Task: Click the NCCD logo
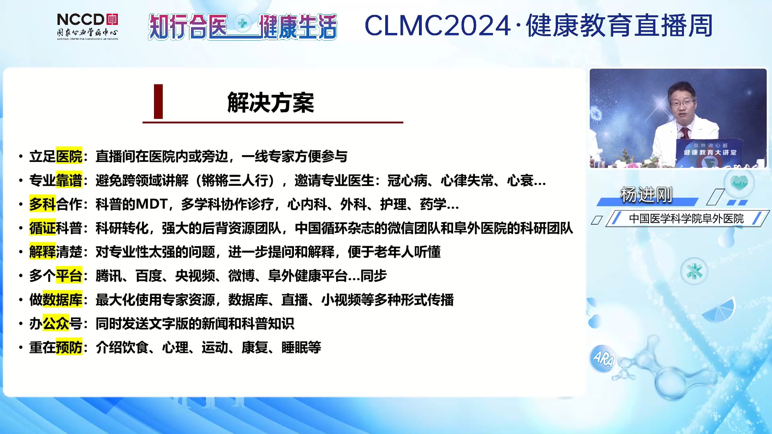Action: [87, 27]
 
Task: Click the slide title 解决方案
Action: [271, 102]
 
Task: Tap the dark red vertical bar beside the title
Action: [158, 101]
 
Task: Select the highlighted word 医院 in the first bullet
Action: [69, 156]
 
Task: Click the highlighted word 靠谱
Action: [69, 180]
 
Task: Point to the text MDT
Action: [151, 204]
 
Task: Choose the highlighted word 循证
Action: [42, 228]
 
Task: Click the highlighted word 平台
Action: [69, 276]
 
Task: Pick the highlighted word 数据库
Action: [62, 300]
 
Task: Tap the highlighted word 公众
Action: [56, 323]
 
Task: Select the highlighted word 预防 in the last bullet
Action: [69, 347]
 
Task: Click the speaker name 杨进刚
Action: [646, 195]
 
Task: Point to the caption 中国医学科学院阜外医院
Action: [686, 219]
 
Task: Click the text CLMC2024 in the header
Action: [437, 26]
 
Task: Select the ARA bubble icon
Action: [603, 358]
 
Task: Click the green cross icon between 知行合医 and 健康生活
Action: [243, 23]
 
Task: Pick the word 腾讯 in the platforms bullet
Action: [109, 276]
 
